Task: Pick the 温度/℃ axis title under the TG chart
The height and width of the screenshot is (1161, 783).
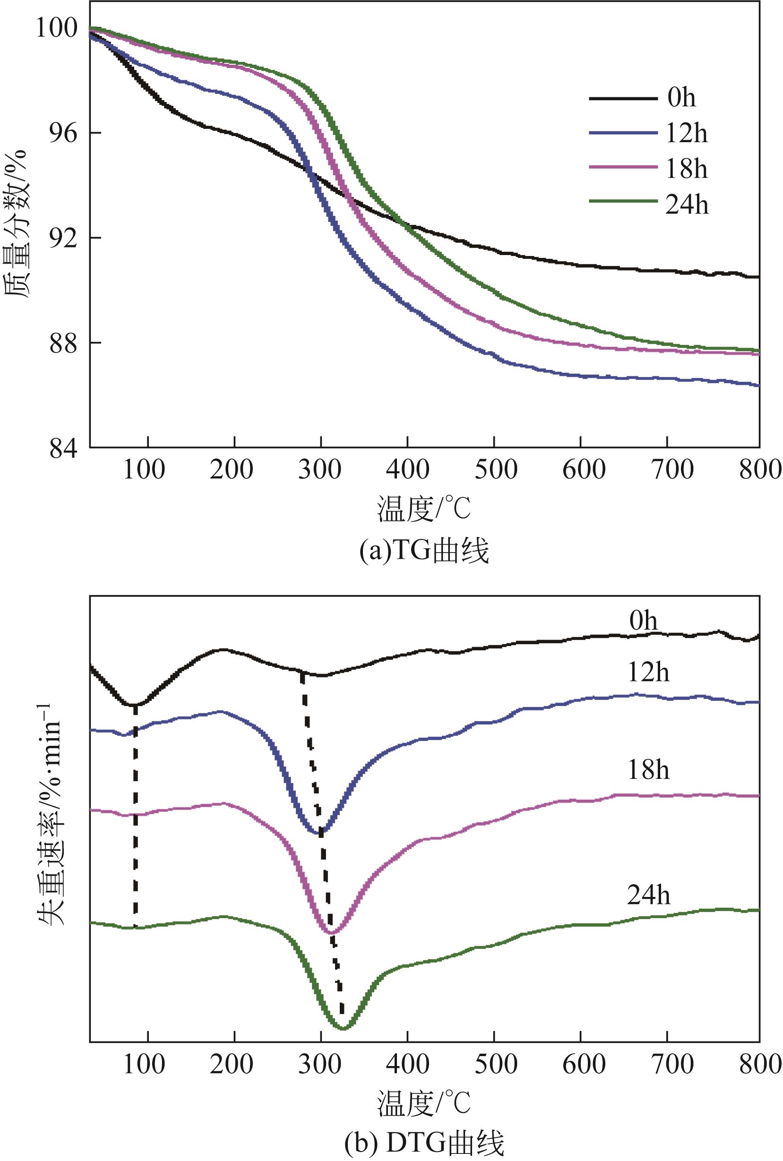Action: click(x=424, y=509)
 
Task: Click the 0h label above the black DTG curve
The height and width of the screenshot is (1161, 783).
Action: click(x=644, y=622)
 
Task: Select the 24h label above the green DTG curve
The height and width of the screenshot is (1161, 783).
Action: click(x=648, y=896)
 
